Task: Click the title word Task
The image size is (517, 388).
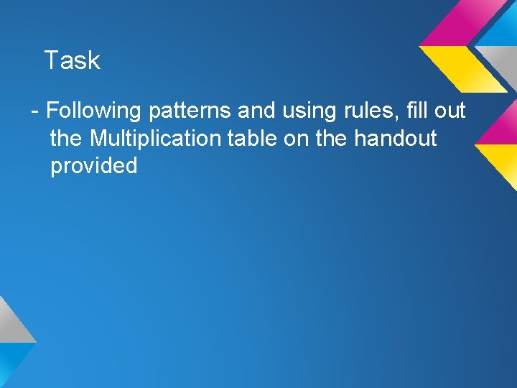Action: pos(72,60)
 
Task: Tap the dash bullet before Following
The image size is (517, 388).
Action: pos(34,111)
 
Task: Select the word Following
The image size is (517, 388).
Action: pos(94,111)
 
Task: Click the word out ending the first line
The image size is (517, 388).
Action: pos(449,111)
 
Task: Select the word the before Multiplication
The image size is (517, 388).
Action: pos(67,138)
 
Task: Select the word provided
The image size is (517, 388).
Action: pos(93,166)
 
